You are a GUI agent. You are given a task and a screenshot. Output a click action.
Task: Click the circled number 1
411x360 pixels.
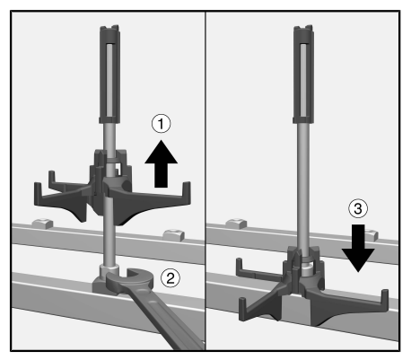pyautogui.click(x=161, y=124)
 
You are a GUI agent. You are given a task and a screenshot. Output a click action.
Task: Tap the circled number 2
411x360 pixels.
pyautogui.click(x=171, y=278)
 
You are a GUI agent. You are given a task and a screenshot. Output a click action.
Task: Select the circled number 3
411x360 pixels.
pyautogui.click(x=358, y=208)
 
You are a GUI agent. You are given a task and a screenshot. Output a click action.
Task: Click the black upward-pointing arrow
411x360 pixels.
pyautogui.click(x=161, y=164)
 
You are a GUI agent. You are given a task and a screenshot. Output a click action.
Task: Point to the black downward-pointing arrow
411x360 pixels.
pyautogui.click(x=358, y=249)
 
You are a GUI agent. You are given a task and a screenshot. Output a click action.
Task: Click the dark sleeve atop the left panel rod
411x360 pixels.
pyautogui.click(x=109, y=75)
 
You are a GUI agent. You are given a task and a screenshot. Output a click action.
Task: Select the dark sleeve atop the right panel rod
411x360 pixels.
pyautogui.click(x=303, y=75)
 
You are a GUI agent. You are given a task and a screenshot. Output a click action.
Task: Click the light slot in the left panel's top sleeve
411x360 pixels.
pyautogui.click(x=109, y=80)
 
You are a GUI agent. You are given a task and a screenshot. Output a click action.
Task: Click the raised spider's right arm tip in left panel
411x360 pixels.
pyautogui.click(x=187, y=191)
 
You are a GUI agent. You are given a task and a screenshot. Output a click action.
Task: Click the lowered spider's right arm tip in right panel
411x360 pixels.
pyautogui.click(x=385, y=299)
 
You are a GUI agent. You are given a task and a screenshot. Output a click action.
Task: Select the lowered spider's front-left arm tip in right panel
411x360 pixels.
pyautogui.click(x=242, y=308)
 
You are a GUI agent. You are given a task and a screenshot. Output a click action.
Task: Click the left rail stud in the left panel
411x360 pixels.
pyautogui.click(x=42, y=224)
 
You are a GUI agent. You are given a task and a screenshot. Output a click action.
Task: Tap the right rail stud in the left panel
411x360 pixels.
pyautogui.click(x=173, y=235)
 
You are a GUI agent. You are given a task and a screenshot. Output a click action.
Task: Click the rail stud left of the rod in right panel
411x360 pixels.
pyautogui.click(x=236, y=224)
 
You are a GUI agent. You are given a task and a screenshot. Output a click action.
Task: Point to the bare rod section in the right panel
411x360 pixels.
pyautogui.click(x=303, y=186)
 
